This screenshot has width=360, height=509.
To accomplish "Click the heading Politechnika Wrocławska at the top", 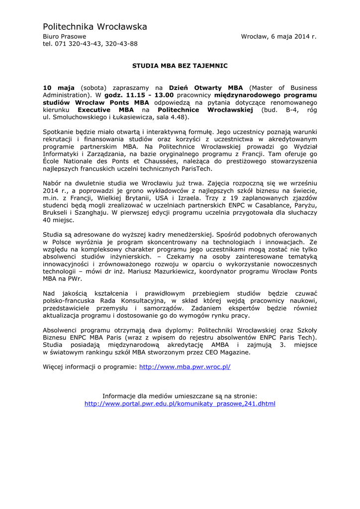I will point(95,26).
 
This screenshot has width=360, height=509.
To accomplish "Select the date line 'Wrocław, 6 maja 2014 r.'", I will point(278,36).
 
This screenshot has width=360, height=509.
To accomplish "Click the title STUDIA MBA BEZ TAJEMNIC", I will point(180,65).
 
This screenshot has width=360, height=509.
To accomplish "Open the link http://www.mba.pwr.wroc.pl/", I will point(184,367).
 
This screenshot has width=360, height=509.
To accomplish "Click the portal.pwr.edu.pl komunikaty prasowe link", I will point(180,404).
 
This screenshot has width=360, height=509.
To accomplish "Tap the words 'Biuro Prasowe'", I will point(64,36).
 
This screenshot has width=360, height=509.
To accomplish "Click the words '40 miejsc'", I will point(59,220).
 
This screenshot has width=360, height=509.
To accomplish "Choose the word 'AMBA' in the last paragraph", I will point(221,345).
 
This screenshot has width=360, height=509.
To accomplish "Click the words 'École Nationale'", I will point(66,161).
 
